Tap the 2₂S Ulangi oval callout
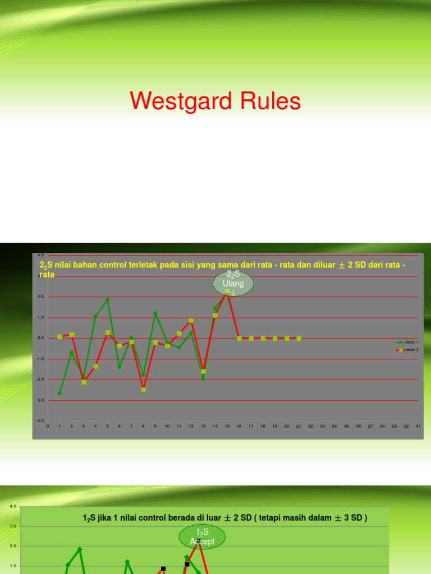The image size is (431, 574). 233,284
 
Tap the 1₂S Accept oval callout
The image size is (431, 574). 202,537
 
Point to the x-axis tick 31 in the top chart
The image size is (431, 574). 418,426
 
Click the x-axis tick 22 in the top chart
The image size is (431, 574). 310,426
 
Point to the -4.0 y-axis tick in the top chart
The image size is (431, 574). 40,420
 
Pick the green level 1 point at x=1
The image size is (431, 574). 60,394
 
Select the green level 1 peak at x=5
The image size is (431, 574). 108,300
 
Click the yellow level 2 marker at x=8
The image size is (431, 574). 144,389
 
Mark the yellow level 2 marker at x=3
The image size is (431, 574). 84,382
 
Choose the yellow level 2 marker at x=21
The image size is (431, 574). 299,338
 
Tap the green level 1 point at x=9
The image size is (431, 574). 155,313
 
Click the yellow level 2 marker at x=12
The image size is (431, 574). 191,320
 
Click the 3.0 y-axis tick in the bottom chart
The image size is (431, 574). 12,526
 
